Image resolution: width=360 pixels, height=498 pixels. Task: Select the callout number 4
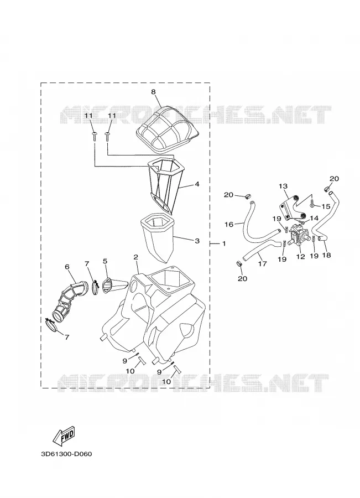(x=197, y=184)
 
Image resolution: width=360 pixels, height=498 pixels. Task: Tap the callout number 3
(x=197, y=241)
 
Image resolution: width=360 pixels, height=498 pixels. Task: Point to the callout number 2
(x=135, y=257)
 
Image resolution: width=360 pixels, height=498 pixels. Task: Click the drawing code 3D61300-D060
(x=66, y=454)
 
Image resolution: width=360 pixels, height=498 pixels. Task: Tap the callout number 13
(x=283, y=186)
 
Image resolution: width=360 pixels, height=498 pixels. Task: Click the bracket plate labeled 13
(x=293, y=208)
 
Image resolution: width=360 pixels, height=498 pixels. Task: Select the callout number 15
(x=326, y=207)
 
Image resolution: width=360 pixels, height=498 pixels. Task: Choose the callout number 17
(x=263, y=263)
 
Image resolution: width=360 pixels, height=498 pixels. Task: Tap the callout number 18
(x=326, y=255)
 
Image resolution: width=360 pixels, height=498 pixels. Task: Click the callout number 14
(x=314, y=218)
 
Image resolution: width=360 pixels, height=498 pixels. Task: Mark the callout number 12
(x=300, y=256)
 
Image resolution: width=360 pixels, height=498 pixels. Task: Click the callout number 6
(x=67, y=267)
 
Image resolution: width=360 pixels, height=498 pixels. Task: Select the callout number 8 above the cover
(x=153, y=92)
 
